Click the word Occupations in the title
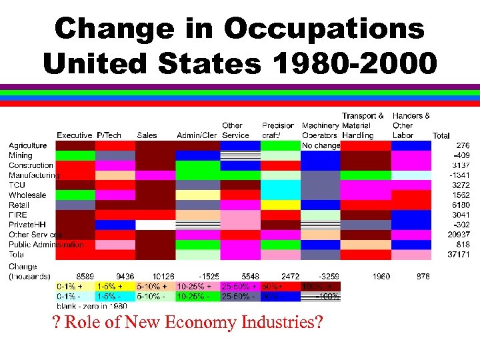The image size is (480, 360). click(x=324, y=29)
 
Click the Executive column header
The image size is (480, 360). click(x=74, y=135)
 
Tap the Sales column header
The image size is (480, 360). click(x=147, y=135)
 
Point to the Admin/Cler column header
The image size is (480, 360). click(x=197, y=135)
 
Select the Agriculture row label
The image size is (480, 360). click(x=27, y=145)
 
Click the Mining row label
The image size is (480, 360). click(x=20, y=155)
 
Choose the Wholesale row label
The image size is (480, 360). click(x=27, y=195)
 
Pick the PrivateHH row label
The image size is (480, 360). click(x=27, y=225)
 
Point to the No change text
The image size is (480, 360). click(x=321, y=145)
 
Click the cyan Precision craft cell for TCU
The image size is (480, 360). click(x=280, y=185)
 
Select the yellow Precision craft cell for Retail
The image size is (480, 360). click(x=280, y=205)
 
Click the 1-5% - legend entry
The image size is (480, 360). click(x=109, y=296)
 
